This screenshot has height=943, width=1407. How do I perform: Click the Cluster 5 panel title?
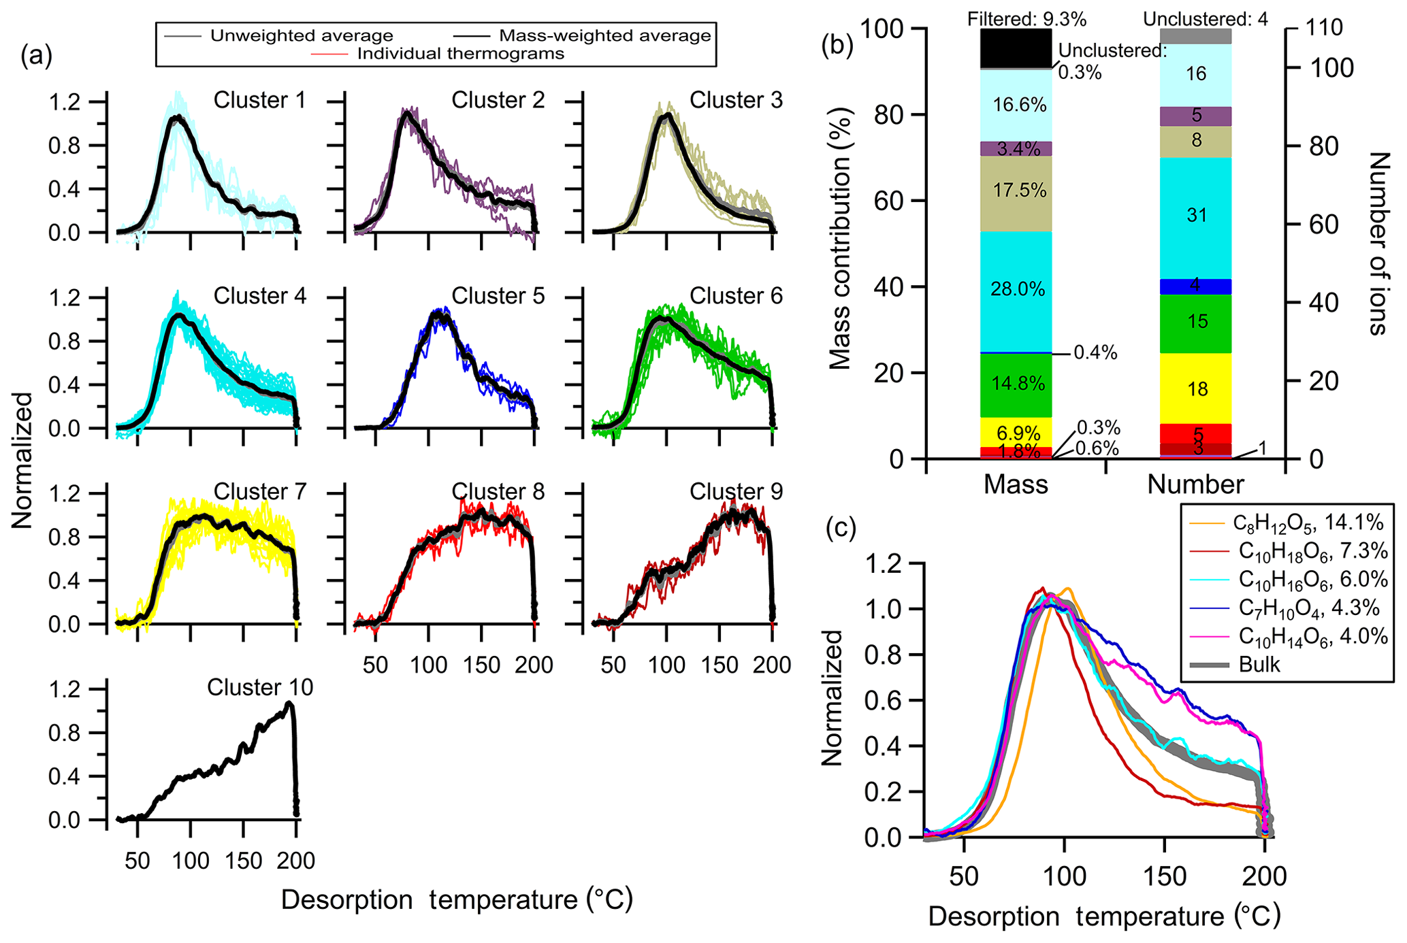tap(498, 296)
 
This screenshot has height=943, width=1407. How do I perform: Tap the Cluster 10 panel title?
tap(260, 688)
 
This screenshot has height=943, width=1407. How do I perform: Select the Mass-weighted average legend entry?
tap(604, 35)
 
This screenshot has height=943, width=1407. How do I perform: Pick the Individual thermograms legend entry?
tap(460, 54)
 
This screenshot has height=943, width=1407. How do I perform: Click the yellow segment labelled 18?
tap(1196, 388)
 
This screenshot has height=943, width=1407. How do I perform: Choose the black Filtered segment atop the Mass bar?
tap(1016, 48)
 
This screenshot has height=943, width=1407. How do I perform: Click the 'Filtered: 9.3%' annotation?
tap(1026, 19)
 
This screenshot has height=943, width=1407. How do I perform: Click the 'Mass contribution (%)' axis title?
tap(841, 243)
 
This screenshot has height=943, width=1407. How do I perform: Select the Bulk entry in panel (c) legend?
tap(1259, 665)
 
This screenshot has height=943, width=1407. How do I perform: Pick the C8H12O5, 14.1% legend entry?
tap(1308, 523)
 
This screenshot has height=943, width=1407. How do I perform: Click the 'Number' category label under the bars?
tap(1196, 484)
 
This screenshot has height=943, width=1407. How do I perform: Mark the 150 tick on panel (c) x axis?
tap(1165, 876)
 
